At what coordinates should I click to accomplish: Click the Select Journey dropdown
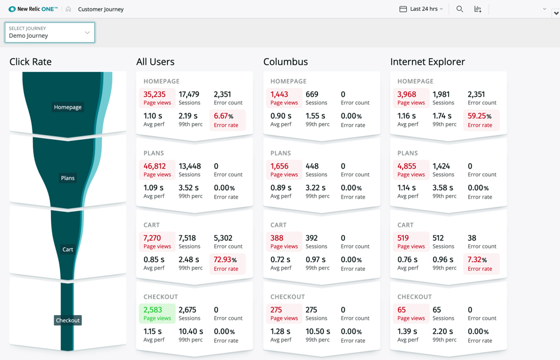50,32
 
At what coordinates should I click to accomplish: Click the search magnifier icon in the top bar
460,9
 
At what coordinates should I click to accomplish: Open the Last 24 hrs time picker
421,9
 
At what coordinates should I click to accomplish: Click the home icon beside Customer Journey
68,9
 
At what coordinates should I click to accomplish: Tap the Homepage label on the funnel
68,107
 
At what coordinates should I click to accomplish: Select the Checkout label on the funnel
68,320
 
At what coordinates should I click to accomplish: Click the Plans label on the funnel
68,178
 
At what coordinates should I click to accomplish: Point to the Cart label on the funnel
68,250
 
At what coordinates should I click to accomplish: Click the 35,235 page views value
155,95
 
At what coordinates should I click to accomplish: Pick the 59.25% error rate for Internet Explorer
480,116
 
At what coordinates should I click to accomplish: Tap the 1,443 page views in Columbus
280,95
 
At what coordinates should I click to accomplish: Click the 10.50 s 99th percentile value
318,332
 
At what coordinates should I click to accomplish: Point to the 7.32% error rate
479,260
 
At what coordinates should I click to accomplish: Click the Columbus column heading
286,62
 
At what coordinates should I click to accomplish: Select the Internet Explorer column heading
427,62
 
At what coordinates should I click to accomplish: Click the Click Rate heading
31,62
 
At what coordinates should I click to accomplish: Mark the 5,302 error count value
223,238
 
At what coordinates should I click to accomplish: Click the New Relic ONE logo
34,9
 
